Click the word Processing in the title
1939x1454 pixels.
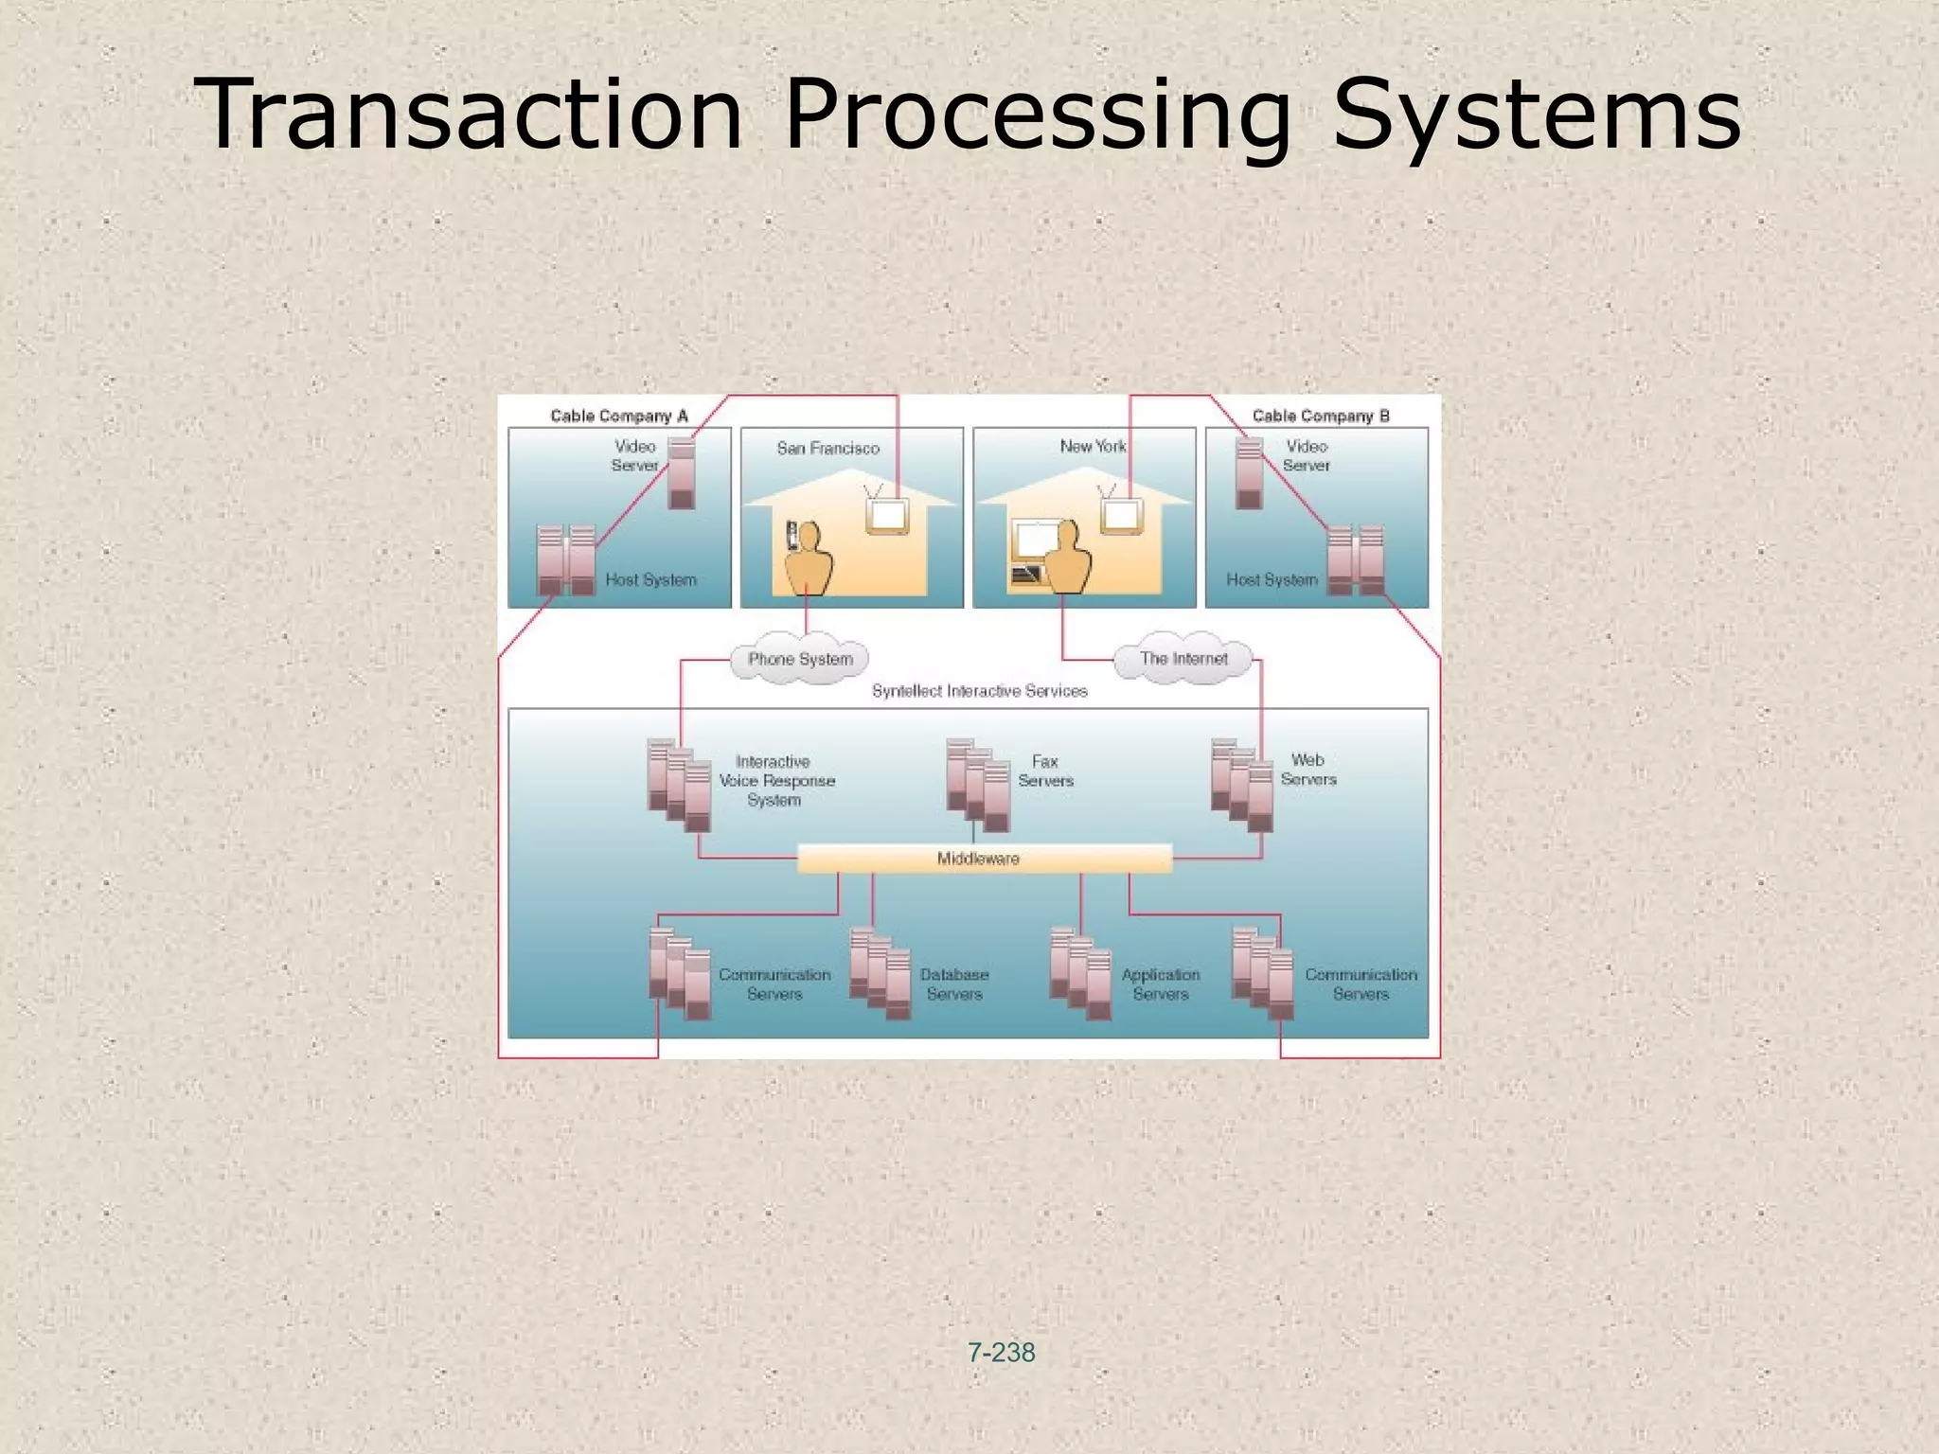pyautogui.click(x=1038, y=115)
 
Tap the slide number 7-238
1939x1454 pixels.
pyautogui.click(x=1001, y=1353)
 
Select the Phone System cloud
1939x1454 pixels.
pyautogui.click(x=800, y=659)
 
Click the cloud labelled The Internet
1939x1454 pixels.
pyautogui.click(x=1183, y=659)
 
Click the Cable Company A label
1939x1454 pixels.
pyautogui.click(x=619, y=416)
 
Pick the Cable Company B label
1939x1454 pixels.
pyautogui.click(x=1320, y=416)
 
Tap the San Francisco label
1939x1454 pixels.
pyautogui.click(x=827, y=448)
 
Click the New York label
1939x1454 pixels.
pyautogui.click(x=1093, y=446)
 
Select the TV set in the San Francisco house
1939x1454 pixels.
pyautogui.click(x=887, y=515)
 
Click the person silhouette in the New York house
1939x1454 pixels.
pyautogui.click(x=1066, y=558)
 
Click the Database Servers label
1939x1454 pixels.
pyautogui.click(x=953, y=984)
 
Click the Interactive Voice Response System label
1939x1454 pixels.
pyautogui.click(x=776, y=781)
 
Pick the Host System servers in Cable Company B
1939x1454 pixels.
pyautogui.click(x=1355, y=559)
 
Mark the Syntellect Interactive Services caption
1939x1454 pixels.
pyautogui.click(x=979, y=691)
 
